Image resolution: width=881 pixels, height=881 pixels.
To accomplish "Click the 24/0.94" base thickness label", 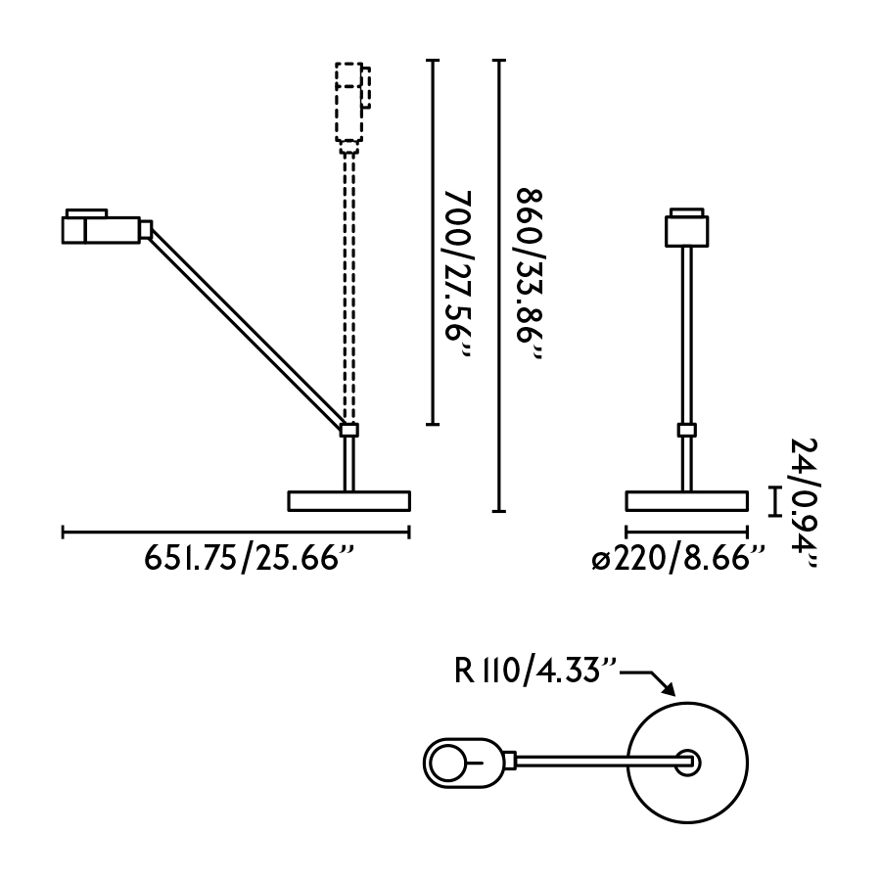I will coord(805,503).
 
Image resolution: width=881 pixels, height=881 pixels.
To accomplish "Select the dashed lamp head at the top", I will coord(350,103).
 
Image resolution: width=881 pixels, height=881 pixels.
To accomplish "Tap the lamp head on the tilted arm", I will coord(102,228).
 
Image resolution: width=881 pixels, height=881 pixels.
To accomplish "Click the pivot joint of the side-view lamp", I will coord(348,429).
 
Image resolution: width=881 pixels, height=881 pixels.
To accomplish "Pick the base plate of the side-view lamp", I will coord(348,501).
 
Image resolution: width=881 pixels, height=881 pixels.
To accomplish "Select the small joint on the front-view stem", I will coord(687,430).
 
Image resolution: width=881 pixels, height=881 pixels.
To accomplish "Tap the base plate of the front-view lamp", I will coord(687,501).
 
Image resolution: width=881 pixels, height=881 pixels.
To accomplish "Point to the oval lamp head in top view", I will coord(461,761).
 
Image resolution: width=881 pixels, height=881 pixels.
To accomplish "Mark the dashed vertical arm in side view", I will coord(348,284).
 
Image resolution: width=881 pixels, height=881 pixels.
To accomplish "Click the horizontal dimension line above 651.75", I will coord(236,533).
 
